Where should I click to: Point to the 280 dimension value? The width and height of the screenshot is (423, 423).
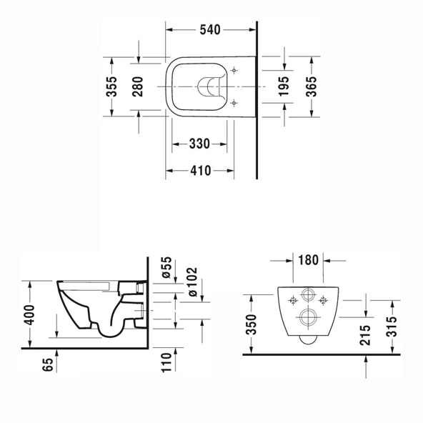pos(139,85)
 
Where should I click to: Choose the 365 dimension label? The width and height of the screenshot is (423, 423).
pos(312,85)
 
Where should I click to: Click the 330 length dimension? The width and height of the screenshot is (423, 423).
pos(199,144)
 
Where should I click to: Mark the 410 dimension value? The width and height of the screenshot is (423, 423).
pos(199,171)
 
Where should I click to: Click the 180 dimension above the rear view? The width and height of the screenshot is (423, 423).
pos(308,259)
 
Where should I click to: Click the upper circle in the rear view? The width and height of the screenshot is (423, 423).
pos(308,295)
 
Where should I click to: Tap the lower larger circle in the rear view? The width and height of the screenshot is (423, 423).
pos(308,317)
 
